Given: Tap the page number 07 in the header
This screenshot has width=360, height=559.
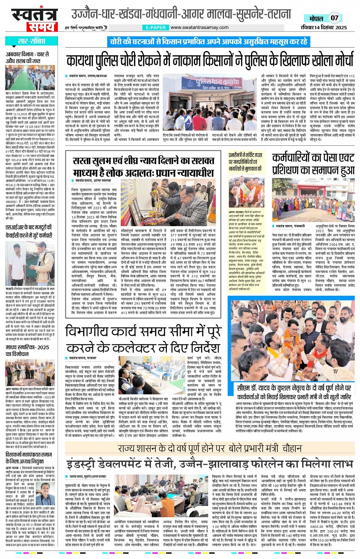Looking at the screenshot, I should click(x=334, y=18).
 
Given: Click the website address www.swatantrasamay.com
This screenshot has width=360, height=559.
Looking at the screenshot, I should click(x=199, y=27).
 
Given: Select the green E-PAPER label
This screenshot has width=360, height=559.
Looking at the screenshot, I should click(x=156, y=27).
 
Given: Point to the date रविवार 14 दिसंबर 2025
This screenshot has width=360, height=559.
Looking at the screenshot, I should click(x=323, y=27).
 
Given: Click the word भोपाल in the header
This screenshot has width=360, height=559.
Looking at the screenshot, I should click(x=316, y=18).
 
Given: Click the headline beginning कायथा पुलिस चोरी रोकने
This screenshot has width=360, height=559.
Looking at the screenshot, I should click(x=210, y=61).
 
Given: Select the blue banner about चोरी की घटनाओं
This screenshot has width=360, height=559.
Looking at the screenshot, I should click(x=208, y=42).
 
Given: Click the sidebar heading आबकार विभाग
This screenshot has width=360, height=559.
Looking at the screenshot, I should click(x=27, y=57).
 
